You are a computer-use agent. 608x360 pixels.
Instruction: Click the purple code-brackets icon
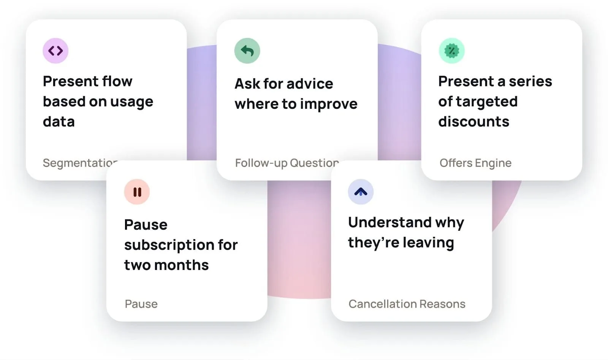(55, 51)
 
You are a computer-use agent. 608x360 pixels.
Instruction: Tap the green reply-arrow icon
(247, 51)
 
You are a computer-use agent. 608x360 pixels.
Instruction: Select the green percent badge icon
(452, 51)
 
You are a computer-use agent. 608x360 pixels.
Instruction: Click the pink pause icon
(137, 192)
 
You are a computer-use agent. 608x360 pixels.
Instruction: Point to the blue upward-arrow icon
(361, 192)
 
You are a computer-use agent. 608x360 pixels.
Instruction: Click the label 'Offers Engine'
(475, 163)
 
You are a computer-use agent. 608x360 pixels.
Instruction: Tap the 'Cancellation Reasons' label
(407, 304)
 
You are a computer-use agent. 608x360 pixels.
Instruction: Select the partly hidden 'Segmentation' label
(80, 163)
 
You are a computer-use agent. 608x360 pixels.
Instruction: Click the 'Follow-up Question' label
(287, 163)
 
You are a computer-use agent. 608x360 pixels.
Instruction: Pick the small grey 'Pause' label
(141, 304)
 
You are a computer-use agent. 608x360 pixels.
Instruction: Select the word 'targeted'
(487, 102)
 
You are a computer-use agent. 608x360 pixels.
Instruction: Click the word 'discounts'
(473, 121)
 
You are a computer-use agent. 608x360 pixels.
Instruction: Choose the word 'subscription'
(169, 245)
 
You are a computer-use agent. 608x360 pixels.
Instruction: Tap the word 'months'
(181, 265)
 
